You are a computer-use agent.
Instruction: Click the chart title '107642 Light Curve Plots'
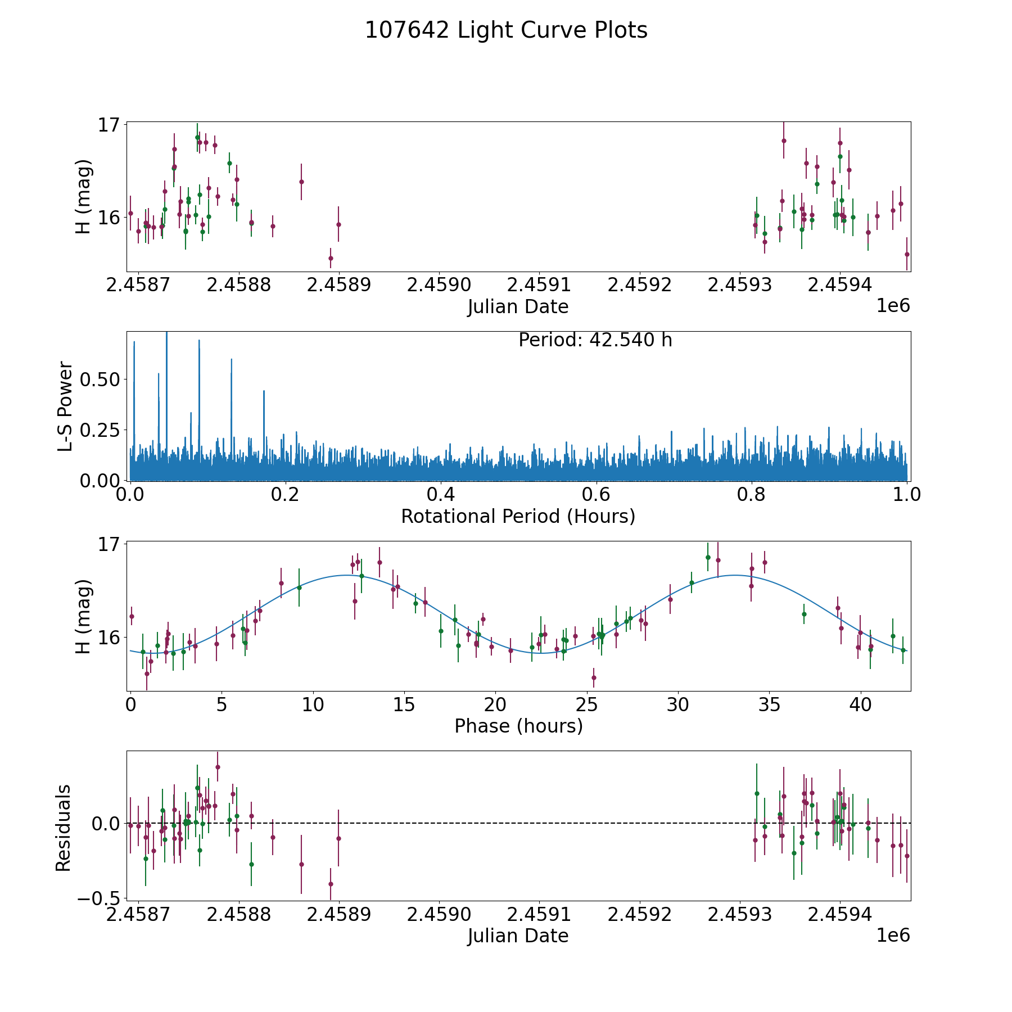click(506, 30)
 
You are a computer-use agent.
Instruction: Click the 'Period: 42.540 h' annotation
click(595, 340)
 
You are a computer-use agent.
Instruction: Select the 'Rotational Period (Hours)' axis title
click(518, 516)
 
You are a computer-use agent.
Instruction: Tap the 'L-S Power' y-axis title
click(66, 406)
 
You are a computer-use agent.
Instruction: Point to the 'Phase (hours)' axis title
click(518, 726)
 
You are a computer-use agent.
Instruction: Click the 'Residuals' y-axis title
click(64, 828)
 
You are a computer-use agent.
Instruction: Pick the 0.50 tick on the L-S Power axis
click(100, 379)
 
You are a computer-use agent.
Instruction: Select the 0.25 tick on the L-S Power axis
click(100, 430)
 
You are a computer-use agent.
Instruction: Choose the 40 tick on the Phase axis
click(860, 704)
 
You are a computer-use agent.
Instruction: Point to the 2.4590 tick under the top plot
click(439, 285)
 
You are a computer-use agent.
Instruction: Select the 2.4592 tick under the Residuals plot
click(640, 914)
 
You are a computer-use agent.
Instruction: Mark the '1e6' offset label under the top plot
click(893, 306)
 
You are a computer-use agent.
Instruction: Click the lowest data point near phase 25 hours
click(594, 677)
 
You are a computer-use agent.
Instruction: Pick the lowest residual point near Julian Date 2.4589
click(331, 884)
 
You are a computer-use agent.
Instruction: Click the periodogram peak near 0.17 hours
click(264, 391)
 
